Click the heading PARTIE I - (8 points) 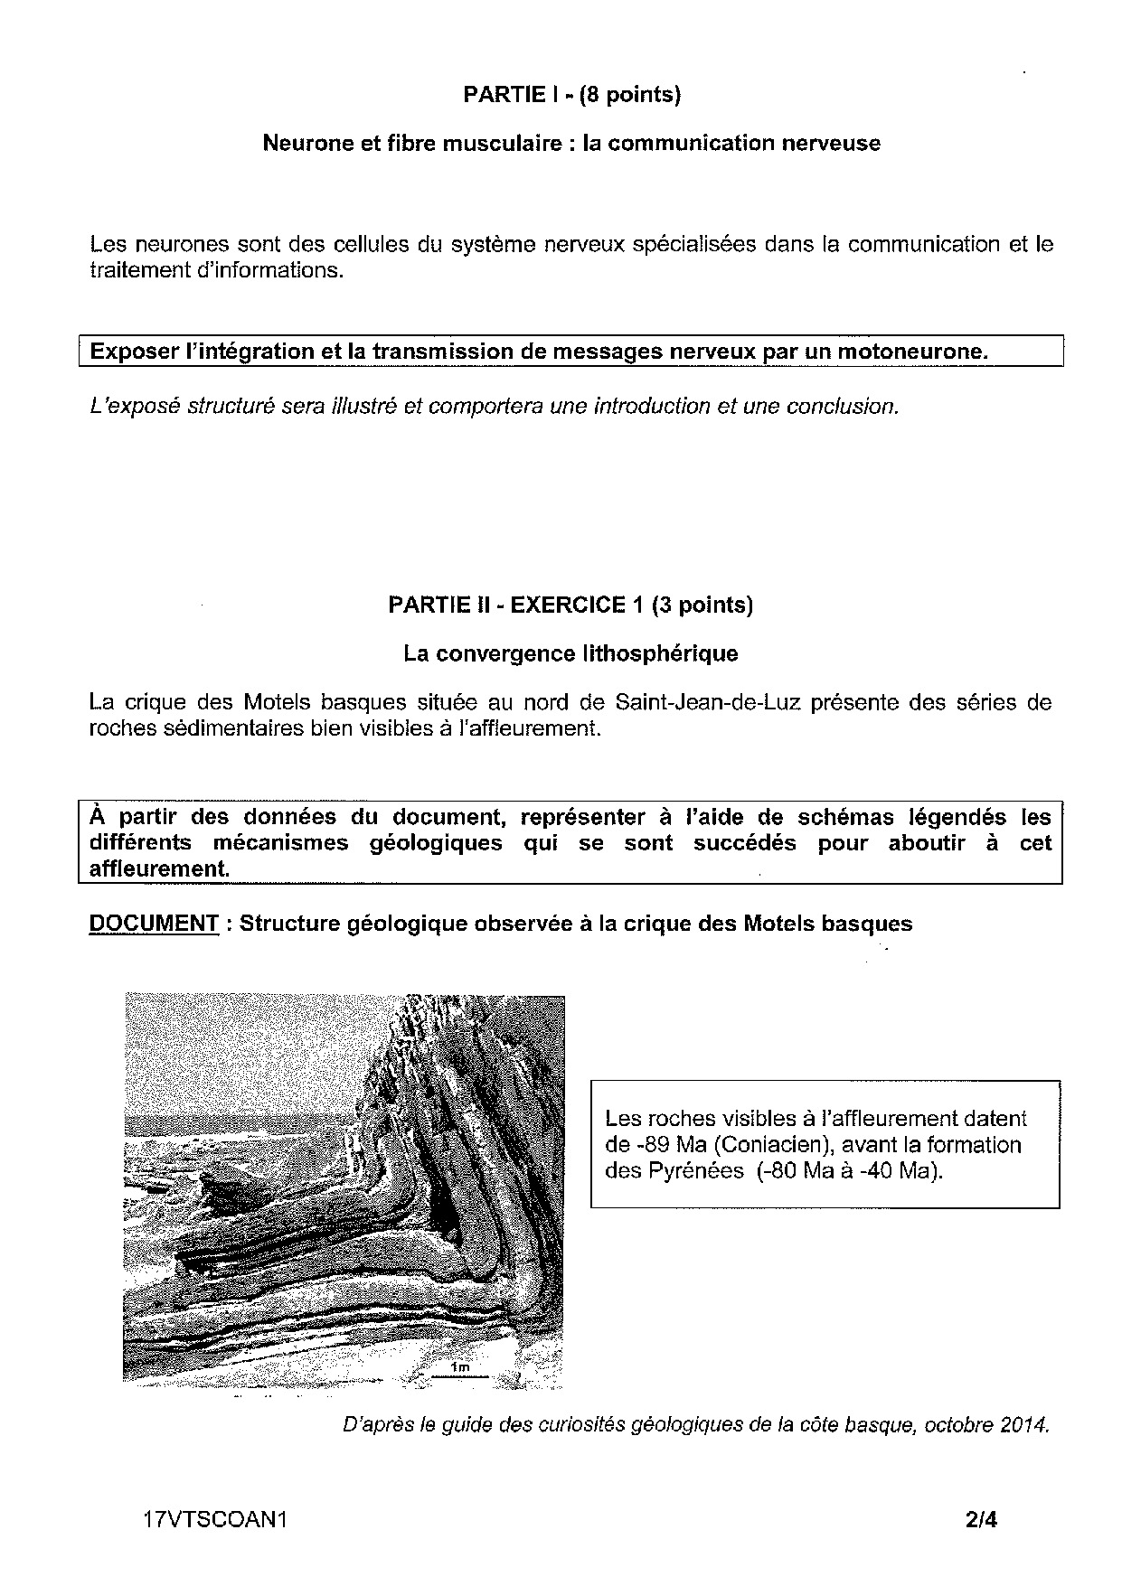click(x=570, y=95)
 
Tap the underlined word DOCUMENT click(x=154, y=924)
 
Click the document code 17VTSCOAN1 click(x=214, y=1520)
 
